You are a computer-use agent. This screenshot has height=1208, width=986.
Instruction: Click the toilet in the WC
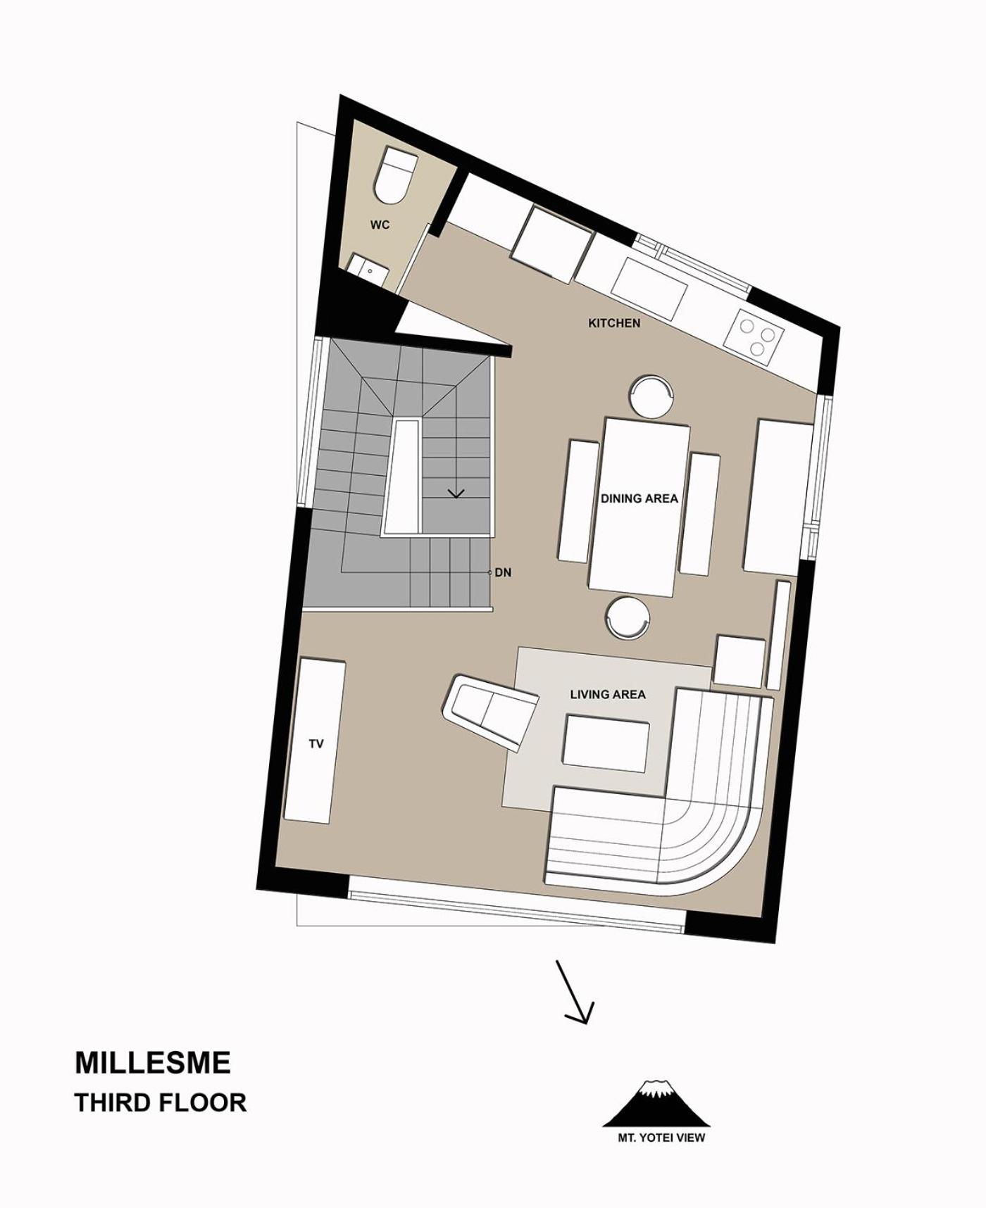[394, 176]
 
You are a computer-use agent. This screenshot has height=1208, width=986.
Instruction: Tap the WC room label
[380, 225]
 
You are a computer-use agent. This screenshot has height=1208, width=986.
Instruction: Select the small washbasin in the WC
[368, 270]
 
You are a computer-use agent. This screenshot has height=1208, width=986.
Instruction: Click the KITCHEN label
[614, 323]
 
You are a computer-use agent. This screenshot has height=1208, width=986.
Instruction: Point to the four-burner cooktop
[756, 336]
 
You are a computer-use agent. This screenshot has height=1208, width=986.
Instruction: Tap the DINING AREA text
[639, 498]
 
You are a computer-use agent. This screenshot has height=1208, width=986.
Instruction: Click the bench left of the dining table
[578, 501]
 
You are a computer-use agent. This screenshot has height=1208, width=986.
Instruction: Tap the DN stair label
[503, 573]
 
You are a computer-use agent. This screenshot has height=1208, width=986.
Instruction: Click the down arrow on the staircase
[456, 493]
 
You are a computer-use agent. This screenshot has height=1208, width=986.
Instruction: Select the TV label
[316, 743]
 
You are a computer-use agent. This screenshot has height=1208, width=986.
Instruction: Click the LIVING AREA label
[608, 695]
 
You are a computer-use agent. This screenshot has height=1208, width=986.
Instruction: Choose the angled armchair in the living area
[490, 711]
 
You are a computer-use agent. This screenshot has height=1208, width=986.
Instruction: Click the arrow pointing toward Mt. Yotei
[575, 991]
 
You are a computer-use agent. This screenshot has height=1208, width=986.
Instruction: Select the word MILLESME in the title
[153, 1062]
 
